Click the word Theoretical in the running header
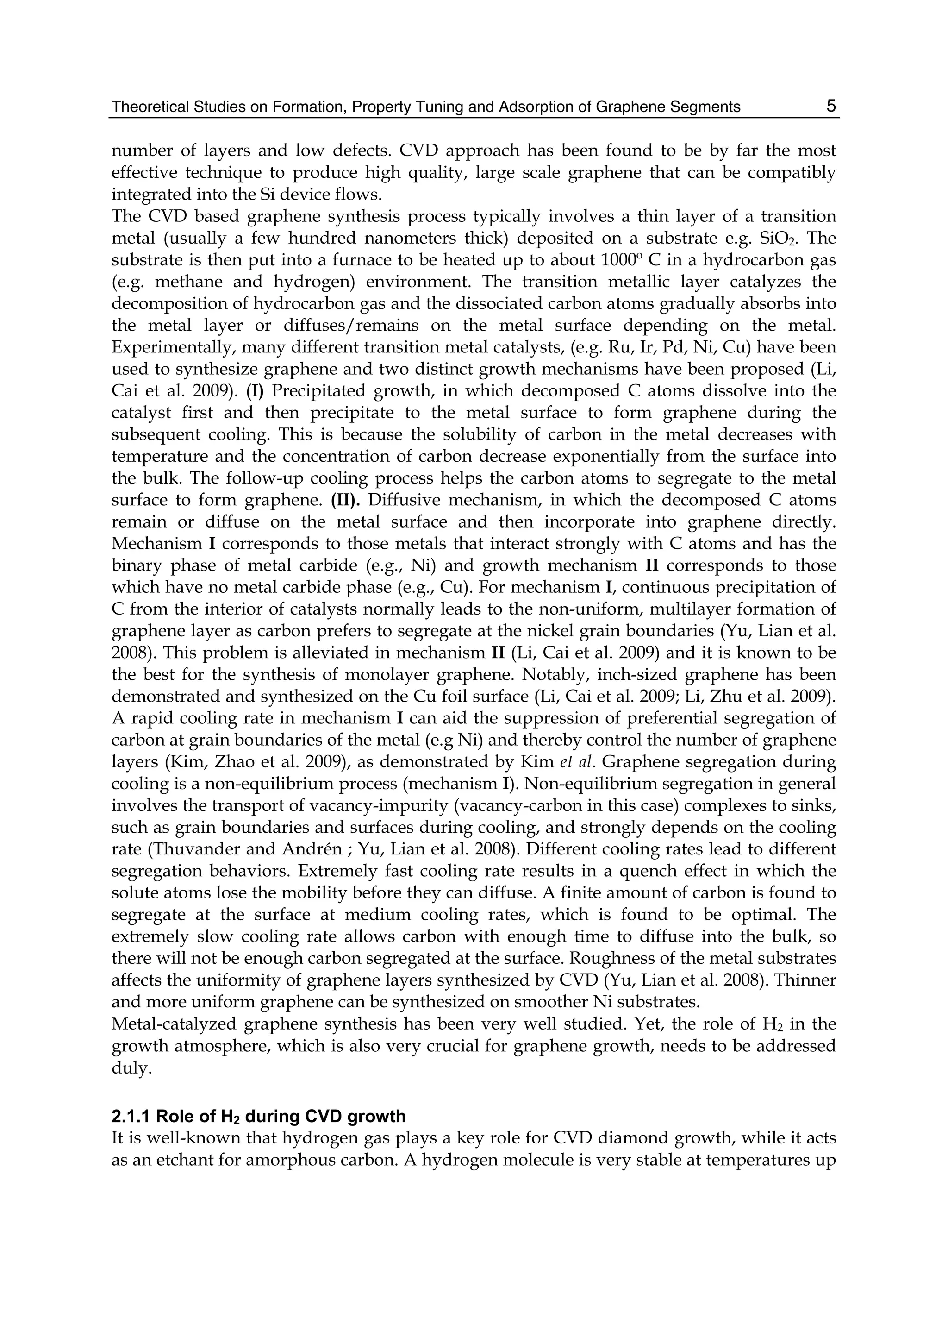(x=144, y=107)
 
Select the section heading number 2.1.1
(x=131, y=1117)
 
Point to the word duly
(x=127, y=1068)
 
